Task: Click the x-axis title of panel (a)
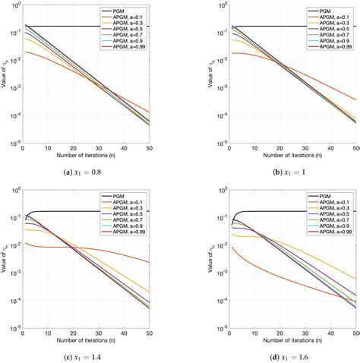86,157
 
